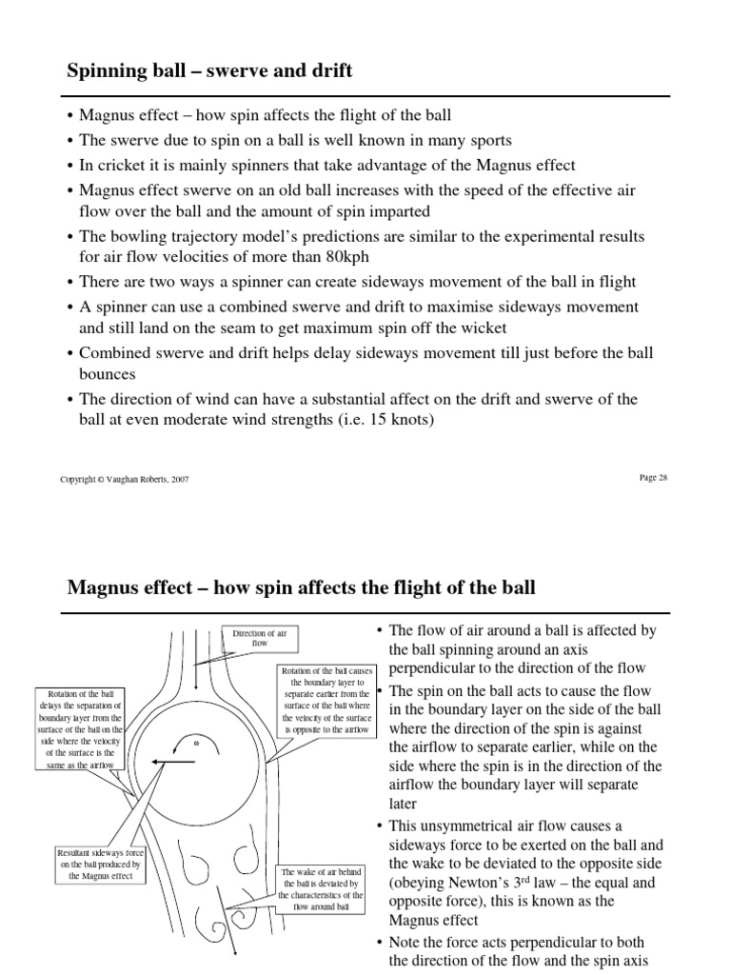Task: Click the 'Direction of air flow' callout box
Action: tap(260, 638)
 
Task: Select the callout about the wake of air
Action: tap(320, 888)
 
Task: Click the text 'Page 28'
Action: tap(653, 477)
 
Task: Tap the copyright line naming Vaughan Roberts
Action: tap(124, 479)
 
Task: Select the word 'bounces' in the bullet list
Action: tap(108, 374)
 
